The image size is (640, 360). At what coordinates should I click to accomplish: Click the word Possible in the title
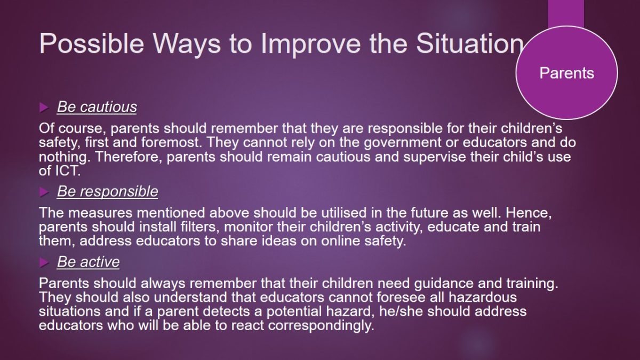tap(91, 43)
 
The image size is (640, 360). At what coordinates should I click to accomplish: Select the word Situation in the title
tap(469, 43)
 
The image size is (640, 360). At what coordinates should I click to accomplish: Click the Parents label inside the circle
tap(566, 73)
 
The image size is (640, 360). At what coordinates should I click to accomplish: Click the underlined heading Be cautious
tap(97, 107)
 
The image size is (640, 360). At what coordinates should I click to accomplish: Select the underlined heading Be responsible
tap(107, 191)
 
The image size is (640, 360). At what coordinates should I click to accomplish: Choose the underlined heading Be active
tap(89, 262)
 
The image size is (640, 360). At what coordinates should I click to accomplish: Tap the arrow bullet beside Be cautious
tap(44, 108)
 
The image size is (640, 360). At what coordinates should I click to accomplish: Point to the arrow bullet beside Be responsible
tap(44, 192)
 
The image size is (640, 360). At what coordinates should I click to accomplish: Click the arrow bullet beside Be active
tap(44, 262)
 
